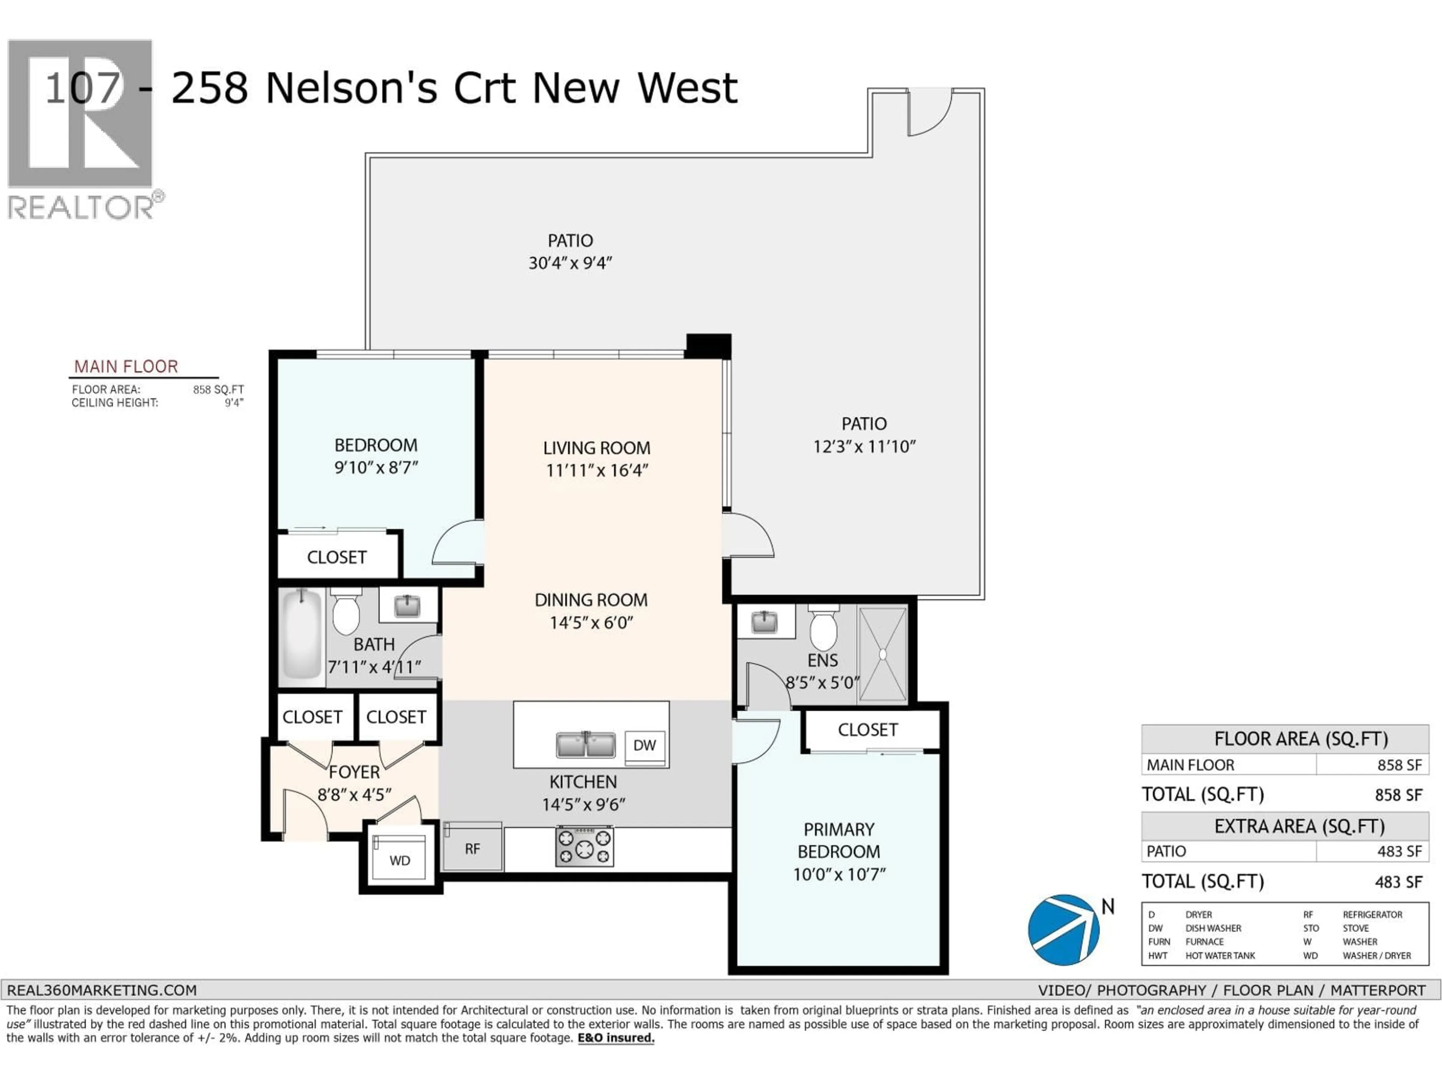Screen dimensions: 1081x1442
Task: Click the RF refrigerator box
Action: [x=473, y=847]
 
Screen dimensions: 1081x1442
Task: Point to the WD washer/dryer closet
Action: [x=400, y=860]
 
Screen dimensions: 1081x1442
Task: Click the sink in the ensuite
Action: [x=764, y=622]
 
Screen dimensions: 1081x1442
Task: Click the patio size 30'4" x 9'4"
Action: [x=570, y=263]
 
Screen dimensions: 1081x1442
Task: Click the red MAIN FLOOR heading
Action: [x=126, y=367]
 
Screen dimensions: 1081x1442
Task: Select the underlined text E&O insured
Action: [x=615, y=1038]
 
